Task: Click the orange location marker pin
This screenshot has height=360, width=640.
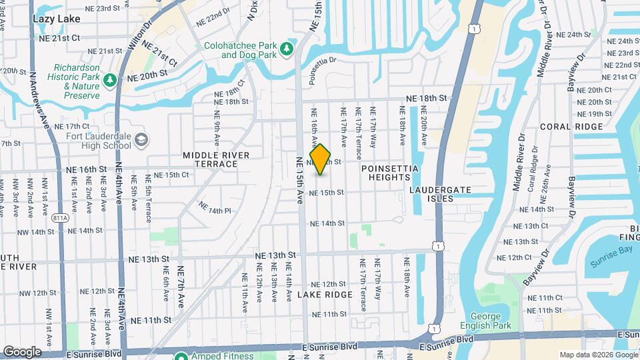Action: [321, 159]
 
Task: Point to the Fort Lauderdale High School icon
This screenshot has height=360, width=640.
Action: [141, 140]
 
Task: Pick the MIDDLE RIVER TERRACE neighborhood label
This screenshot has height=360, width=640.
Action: [216, 159]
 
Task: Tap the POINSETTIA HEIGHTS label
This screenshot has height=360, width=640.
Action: [390, 173]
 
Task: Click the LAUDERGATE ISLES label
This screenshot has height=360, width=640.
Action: [440, 194]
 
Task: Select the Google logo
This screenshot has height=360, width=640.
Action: [22, 352]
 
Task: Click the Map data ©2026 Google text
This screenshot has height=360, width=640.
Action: [598, 355]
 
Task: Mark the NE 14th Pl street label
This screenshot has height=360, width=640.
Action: [215, 210]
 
